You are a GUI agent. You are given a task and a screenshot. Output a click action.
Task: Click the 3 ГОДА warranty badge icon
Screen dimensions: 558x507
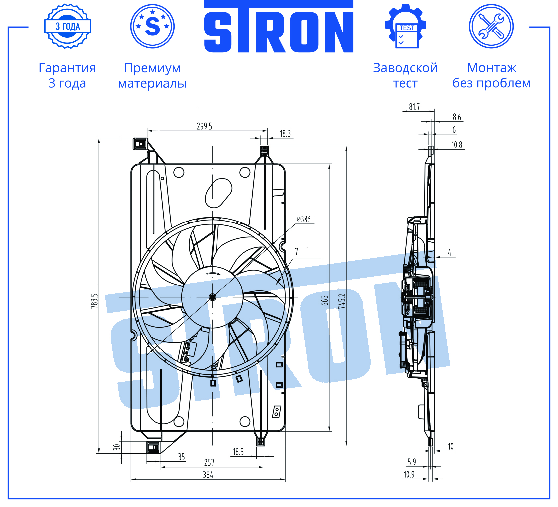tap(68, 26)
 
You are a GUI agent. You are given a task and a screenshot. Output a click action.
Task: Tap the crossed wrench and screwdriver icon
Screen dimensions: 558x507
tap(491, 26)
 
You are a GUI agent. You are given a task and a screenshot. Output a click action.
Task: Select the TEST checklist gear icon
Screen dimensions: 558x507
tap(405, 26)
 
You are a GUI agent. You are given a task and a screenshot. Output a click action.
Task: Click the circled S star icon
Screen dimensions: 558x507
tap(152, 26)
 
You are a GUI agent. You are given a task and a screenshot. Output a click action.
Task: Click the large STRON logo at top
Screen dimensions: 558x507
tap(279, 27)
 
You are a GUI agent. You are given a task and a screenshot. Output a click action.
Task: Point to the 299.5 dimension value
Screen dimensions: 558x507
tap(204, 126)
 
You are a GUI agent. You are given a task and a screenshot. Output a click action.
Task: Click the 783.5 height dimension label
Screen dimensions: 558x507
tap(94, 301)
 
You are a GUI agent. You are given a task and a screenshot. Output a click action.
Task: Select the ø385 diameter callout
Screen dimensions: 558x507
tap(304, 219)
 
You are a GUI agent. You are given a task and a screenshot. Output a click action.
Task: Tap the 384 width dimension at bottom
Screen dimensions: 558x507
tap(208, 475)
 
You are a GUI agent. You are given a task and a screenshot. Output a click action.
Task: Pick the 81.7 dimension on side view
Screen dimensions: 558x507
tap(414, 107)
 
